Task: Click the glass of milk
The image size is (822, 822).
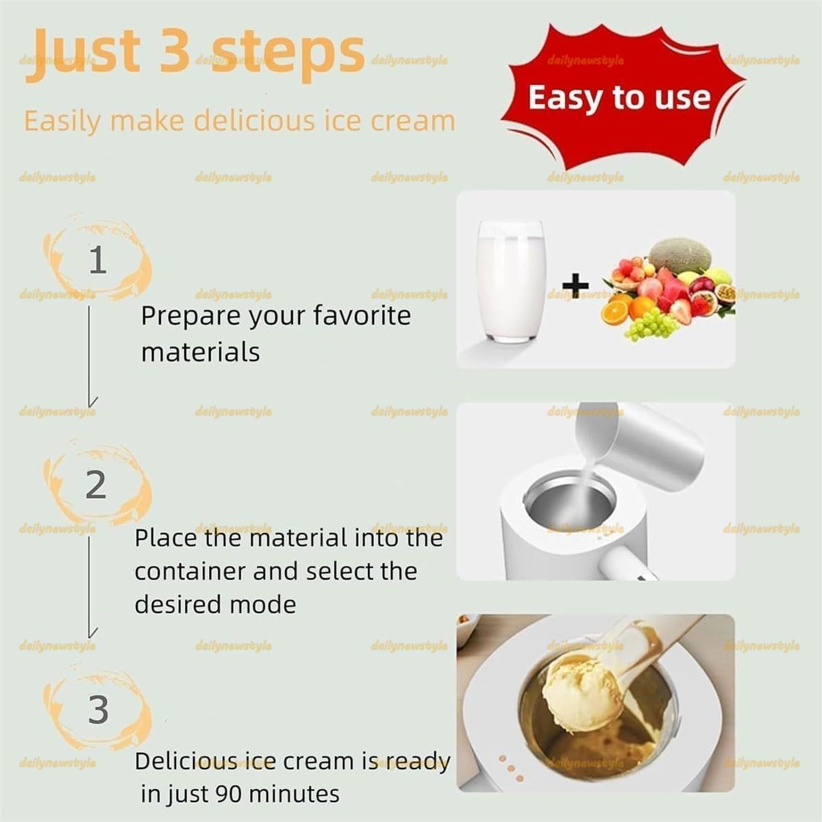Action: [510, 281]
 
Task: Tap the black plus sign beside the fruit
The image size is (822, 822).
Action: [575, 285]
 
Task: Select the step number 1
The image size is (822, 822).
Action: [98, 260]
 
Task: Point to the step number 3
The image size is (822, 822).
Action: [98, 710]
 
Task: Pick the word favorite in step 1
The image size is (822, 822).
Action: [362, 316]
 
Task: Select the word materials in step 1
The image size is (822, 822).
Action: [201, 352]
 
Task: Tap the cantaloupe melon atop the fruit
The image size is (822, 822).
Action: [680, 256]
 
